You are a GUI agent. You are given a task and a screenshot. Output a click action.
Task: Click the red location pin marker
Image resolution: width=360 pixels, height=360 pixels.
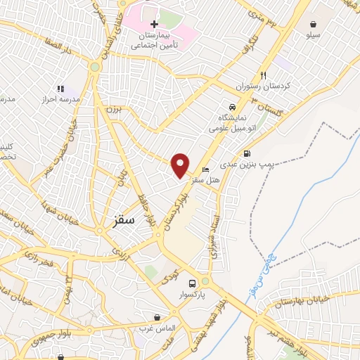pos(181,165)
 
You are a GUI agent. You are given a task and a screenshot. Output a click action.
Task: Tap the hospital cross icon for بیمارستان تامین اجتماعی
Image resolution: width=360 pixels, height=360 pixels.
pos(154,25)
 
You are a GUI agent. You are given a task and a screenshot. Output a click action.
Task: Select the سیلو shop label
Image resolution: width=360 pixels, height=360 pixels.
pos(313,33)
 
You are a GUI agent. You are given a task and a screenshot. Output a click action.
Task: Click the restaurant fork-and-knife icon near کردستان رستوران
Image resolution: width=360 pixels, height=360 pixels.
pos(264,75)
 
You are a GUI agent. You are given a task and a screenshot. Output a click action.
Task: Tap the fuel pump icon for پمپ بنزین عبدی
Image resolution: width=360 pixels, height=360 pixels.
pos(246,153)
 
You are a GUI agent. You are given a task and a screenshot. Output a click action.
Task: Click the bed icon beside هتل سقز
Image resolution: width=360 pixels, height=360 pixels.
pos(205,169)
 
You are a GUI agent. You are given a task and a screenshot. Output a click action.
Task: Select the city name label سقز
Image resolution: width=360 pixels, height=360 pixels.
pos(122,220)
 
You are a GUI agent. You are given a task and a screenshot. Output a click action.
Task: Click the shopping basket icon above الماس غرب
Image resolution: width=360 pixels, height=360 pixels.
pos(157,317)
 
